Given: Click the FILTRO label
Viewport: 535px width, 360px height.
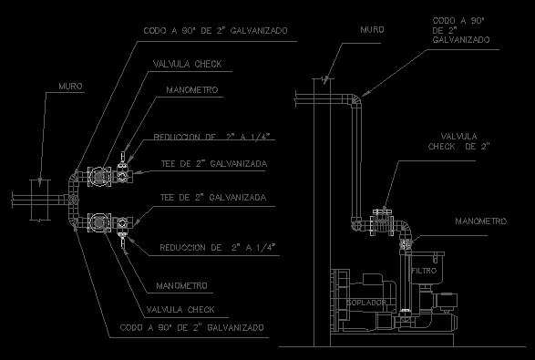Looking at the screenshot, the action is point(424,271).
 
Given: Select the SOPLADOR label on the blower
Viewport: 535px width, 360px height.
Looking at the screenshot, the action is point(366,303).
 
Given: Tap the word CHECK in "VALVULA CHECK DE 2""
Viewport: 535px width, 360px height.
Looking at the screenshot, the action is point(442,147).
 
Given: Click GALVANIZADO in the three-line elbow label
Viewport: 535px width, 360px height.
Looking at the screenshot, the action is point(461,40).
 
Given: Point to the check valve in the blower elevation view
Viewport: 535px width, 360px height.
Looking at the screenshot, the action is point(382,221).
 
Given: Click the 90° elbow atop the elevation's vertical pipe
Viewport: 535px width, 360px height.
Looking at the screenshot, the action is point(355,100).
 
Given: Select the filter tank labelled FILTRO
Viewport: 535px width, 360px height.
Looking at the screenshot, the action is point(427,268).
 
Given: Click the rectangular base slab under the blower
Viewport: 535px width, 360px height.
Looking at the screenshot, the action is point(392,340).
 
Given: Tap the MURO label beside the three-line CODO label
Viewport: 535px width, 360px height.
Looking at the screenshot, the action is point(372,30).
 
